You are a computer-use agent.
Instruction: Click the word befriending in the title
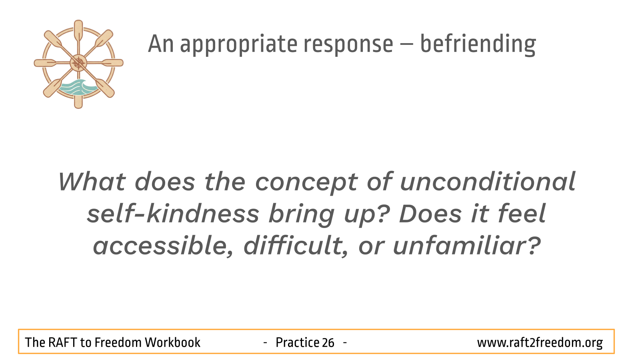(x=478, y=44)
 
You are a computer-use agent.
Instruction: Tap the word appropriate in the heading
(x=238, y=45)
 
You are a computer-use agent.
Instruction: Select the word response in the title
(x=348, y=46)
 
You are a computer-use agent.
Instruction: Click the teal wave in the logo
(x=77, y=88)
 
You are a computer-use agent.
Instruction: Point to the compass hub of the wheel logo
(x=78, y=63)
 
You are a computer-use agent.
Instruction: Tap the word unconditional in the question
(x=488, y=182)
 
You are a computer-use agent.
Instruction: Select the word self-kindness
(x=173, y=214)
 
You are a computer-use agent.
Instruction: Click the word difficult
(x=296, y=246)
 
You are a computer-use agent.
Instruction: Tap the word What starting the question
(x=92, y=182)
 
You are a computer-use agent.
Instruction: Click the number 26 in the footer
(x=328, y=342)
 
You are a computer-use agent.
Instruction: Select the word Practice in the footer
(x=297, y=342)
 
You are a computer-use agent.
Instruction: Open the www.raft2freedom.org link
(x=540, y=343)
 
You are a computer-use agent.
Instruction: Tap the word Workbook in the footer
(x=172, y=342)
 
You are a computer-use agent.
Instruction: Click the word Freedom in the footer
(x=118, y=342)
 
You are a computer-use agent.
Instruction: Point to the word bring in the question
(x=302, y=215)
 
